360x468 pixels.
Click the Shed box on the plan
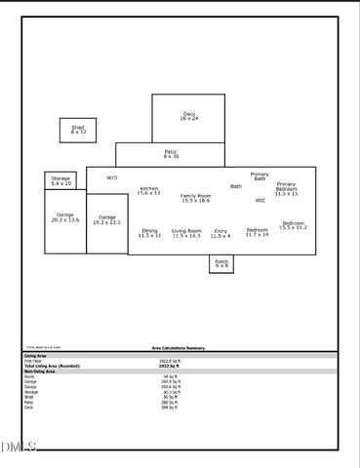78,130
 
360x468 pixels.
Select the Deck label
189,116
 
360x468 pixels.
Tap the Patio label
171,153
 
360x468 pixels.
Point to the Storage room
60,180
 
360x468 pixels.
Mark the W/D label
112,178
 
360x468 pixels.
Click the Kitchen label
149,191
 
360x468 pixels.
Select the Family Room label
195,198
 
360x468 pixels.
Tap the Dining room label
149,233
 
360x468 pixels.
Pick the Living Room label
186,233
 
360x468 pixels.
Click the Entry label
220,233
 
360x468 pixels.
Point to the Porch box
221,263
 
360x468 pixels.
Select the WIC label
260,201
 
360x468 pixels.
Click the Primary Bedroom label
286,188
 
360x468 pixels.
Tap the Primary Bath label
260,176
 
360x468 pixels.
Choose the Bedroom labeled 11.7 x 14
257,232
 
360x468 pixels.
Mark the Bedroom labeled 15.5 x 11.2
293,225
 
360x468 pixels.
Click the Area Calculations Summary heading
178,347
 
